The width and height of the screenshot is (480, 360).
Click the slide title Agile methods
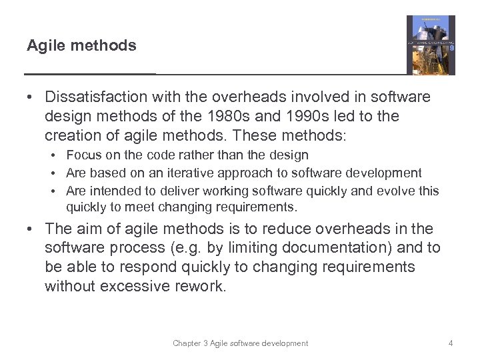tap(81, 45)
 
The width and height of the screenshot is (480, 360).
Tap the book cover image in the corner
tap(431, 45)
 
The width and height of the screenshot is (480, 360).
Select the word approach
tap(239, 173)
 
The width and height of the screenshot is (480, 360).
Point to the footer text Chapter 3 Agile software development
tap(240, 343)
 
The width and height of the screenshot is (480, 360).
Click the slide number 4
tap(451, 343)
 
